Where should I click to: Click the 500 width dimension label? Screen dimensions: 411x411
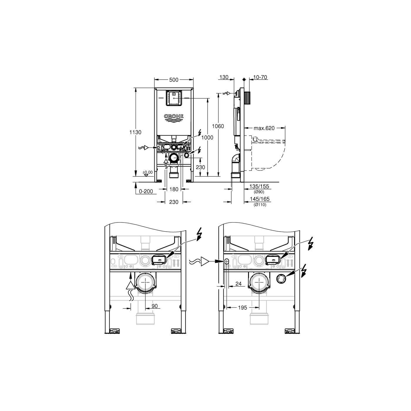(174, 80)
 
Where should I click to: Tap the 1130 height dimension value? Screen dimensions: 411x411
(135, 132)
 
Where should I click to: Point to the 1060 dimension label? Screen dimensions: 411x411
(218, 126)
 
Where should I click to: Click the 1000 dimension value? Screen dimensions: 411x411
(207, 138)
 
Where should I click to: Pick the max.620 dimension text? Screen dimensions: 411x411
(264, 128)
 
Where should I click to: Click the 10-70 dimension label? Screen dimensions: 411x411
(260, 77)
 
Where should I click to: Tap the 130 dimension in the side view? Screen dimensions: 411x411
(224, 77)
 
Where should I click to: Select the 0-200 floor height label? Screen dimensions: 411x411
(146, 191)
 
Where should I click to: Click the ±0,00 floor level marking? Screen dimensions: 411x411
(148, 172)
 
